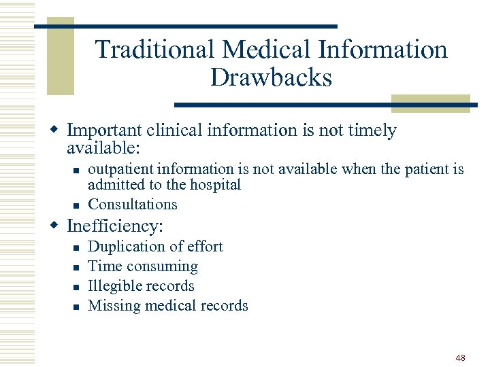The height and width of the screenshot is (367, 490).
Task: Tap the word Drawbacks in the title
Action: click(271, 77)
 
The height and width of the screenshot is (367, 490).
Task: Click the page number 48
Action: click(461, 357)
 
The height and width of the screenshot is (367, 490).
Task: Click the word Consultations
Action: click(133, 204)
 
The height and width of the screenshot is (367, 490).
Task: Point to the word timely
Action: click(371, 130)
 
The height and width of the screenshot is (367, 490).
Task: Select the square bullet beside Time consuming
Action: click(78, 267)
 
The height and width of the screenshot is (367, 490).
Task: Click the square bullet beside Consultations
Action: click(78, 205)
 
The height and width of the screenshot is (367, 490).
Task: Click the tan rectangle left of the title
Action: click(60, 58)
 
